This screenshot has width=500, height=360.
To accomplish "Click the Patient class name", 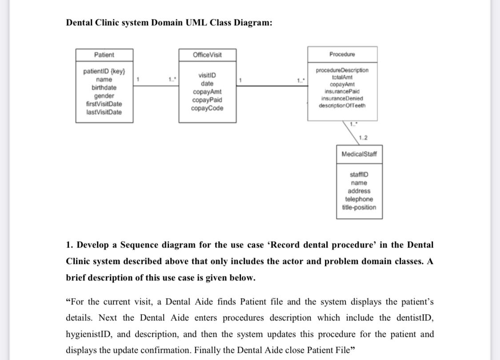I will coord(104,55).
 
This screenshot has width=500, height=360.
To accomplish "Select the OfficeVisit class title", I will coord(207,55).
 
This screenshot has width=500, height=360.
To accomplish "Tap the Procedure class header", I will coord(342,54).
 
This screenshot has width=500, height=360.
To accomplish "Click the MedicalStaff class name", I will coord(359,154).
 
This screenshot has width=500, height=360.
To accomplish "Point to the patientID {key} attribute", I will coord(104,71).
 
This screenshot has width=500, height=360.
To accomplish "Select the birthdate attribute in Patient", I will coord(104,88).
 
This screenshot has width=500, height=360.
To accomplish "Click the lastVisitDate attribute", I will coord(104,112).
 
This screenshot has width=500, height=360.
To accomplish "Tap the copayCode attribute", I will coord(207,108).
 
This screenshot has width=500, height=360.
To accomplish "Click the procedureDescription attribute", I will coord(342,70).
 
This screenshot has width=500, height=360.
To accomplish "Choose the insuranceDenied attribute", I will coord(342,98).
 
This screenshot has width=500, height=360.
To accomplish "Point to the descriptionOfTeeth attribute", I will coord(342,105).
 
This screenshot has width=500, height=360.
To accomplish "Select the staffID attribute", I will coord(359,175).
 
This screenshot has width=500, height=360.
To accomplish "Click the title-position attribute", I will coord(359,208).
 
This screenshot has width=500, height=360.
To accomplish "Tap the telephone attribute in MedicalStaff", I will coord(359,199).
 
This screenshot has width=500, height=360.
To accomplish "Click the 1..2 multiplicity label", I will coord(363,138).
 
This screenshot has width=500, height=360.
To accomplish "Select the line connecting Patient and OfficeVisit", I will coord(156,85).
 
